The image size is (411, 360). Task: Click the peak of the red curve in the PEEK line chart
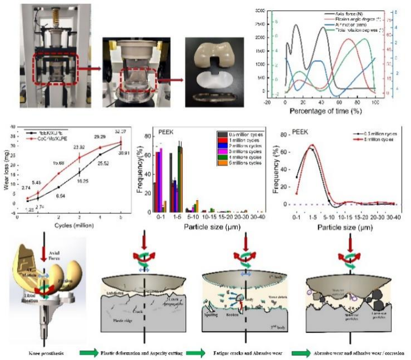pyautogui.click(x=313, y=146)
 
